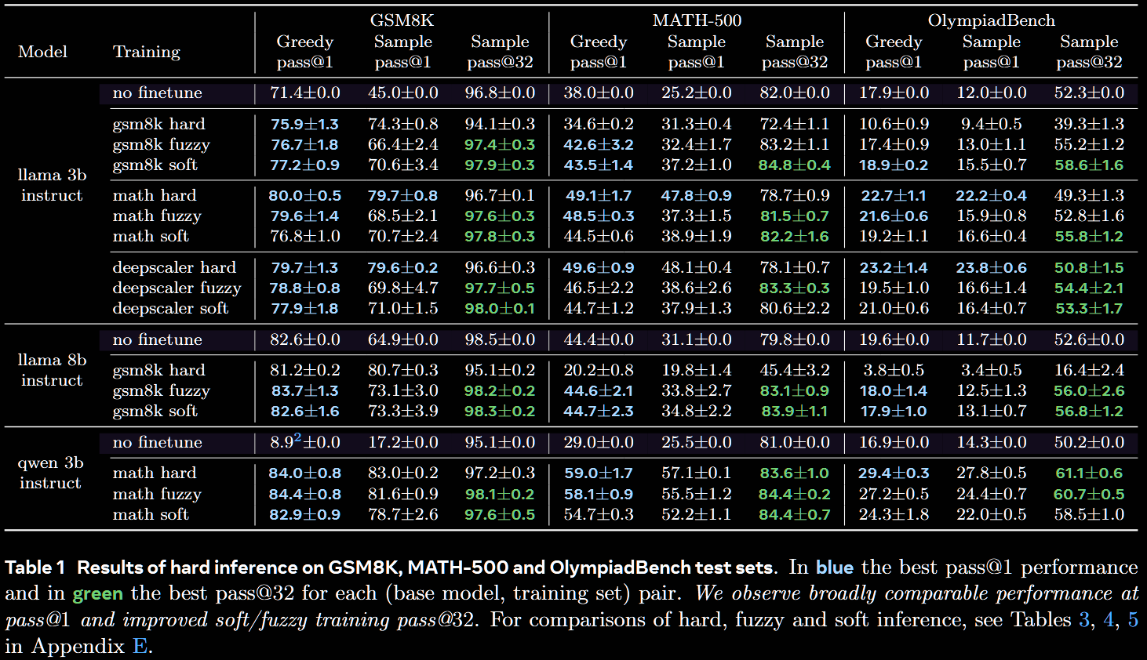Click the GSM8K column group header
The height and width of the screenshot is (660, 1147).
coord(402,20)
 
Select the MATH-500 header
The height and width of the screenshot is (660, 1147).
coord(697,20)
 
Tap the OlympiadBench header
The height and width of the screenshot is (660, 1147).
coord(991,20)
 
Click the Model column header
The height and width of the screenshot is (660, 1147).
coord(42,52)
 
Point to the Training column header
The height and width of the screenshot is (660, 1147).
coord(146,52)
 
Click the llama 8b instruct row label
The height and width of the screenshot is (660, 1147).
coord(52,370)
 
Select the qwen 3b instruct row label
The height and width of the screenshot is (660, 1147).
coord(50,473)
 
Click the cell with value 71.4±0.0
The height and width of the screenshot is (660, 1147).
coord(304,92)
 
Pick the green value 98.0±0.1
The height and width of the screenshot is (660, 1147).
coord(500,308)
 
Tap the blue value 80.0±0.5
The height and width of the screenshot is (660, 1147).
coord(304,195)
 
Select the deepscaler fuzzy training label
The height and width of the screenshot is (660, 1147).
coord(177,288)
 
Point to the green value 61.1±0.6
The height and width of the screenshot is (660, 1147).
coord(1089,473)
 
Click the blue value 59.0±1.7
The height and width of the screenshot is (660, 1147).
coord(598,473)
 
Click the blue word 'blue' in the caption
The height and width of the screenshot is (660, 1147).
coord(834,568)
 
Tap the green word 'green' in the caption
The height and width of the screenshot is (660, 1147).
coord(97,593)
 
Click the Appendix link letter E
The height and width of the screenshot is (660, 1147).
coord(140,647)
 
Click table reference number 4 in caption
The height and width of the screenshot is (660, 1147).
coord(1109,620)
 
